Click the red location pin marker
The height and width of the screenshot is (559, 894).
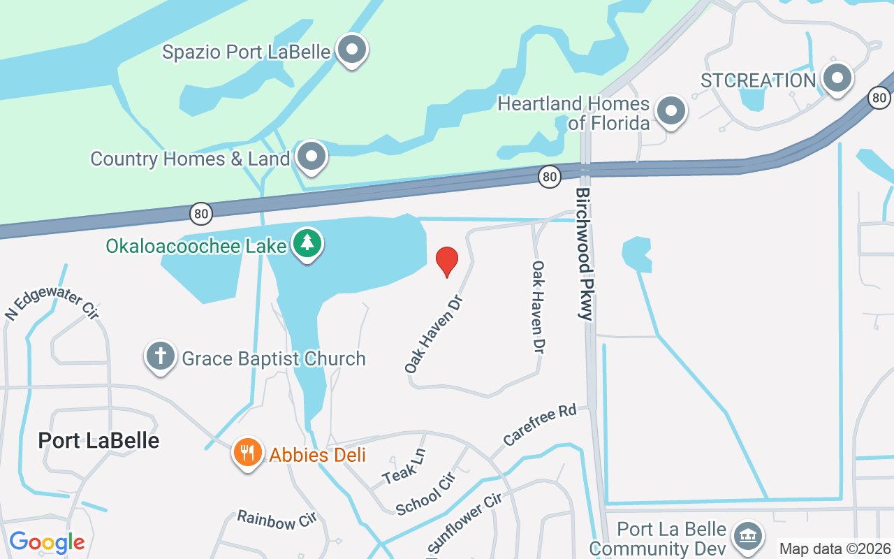pyautogui.click(x=447, y=262)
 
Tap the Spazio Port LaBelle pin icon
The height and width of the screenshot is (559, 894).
pyautogui.click(x=352, y=50)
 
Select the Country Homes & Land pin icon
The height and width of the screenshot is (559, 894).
pyautogui.click(x=312, y=157)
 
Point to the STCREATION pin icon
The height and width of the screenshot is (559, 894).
pyautogui.click(x=837, y=79)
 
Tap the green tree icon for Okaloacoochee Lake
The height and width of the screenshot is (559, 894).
pyautogui.click(x=307, y=245)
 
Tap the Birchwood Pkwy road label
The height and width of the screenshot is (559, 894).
pyautogui.click(x=584, y=254)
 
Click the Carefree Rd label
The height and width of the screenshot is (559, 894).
pyautogui.click(x=540, y=424)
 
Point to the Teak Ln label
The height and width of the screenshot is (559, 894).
pyautogui.click(x=404, y=467)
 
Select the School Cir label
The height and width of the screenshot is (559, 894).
pyautogui.click(x=425, y=494)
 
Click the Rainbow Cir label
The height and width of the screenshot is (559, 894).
pyautogui.click(x=277, y=520)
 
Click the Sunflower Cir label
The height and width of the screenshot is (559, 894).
pyautogui.click(x=464, y=522)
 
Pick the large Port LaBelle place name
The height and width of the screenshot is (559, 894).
pyautogui.click(x=98, y=440)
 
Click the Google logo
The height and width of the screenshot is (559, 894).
pyautogui.click(x=47, y=542)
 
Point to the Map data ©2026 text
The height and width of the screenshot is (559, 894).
pyautogui.click(x=835, y=549)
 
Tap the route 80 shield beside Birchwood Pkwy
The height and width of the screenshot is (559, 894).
pyautogui.click(x=550, y=177)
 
